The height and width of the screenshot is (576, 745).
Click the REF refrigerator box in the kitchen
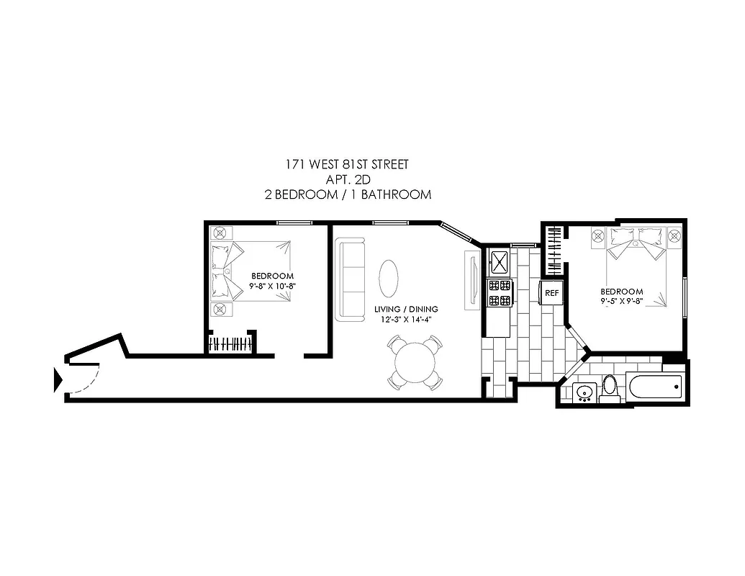coord(551,293)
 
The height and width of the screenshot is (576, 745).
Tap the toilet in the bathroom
coord(610,386)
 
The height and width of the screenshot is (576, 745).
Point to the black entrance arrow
coord(58,379)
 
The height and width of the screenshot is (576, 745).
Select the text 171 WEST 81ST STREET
coord(347,165)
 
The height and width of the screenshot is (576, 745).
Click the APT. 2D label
coord(348,180)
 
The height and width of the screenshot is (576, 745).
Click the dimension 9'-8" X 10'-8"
coord(272,286)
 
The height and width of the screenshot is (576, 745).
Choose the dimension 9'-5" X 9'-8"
coord(622,302)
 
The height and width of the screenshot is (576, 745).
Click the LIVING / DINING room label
coord(406,309)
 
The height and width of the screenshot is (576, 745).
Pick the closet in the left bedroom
coord(231,343)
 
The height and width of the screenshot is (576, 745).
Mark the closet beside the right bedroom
coord(554,249)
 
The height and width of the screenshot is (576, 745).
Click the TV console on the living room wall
coord(472,282)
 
